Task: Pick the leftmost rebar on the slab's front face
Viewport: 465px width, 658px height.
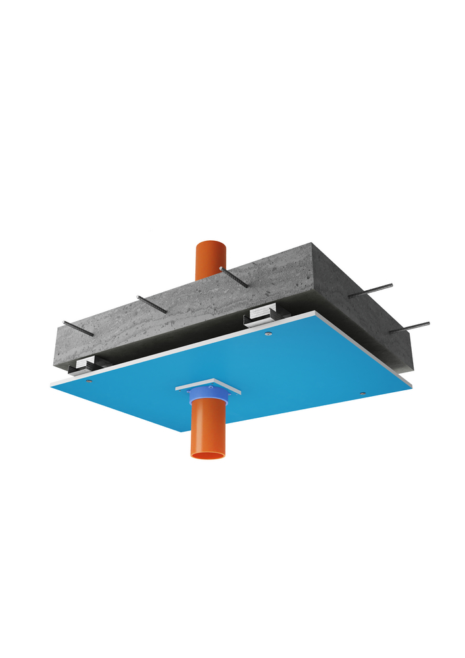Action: pyautogui.click(x=78, y=328)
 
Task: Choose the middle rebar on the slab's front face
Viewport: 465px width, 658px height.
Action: pyautogui.click(x=152, y=304)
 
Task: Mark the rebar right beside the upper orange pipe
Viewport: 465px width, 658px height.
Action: pyautogui.click(x=234, y=277)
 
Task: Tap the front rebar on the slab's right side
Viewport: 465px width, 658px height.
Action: pyautogui.click(x=409, y=327)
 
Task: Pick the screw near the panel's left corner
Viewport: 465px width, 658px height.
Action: pyautogui.click(x=89, y=380)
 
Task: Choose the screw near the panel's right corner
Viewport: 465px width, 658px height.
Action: pyautogui.click(x=362, y=393)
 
